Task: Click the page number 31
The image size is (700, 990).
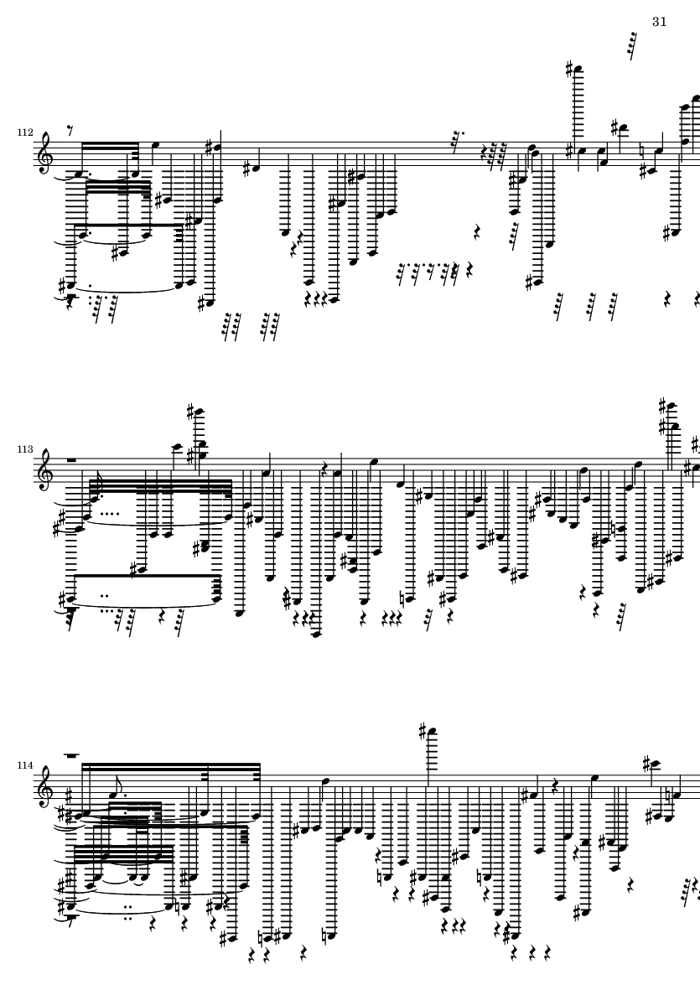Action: click(658, 22)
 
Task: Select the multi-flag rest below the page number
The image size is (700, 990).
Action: click(631, 44)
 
